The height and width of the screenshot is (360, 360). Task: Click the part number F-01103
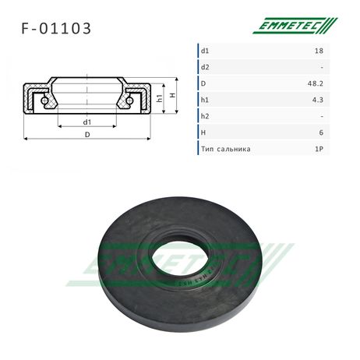56,28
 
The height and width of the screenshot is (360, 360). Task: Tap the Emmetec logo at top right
295,26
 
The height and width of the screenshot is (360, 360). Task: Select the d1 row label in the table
205,51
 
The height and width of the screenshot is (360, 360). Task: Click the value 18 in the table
319,51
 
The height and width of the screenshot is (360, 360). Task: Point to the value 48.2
316,83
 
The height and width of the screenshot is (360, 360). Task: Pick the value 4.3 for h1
318,100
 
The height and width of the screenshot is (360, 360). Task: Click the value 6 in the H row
321,132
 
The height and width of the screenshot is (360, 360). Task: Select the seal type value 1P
319,149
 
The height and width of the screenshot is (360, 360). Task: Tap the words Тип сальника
226,149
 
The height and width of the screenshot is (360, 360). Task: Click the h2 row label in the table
205,116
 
